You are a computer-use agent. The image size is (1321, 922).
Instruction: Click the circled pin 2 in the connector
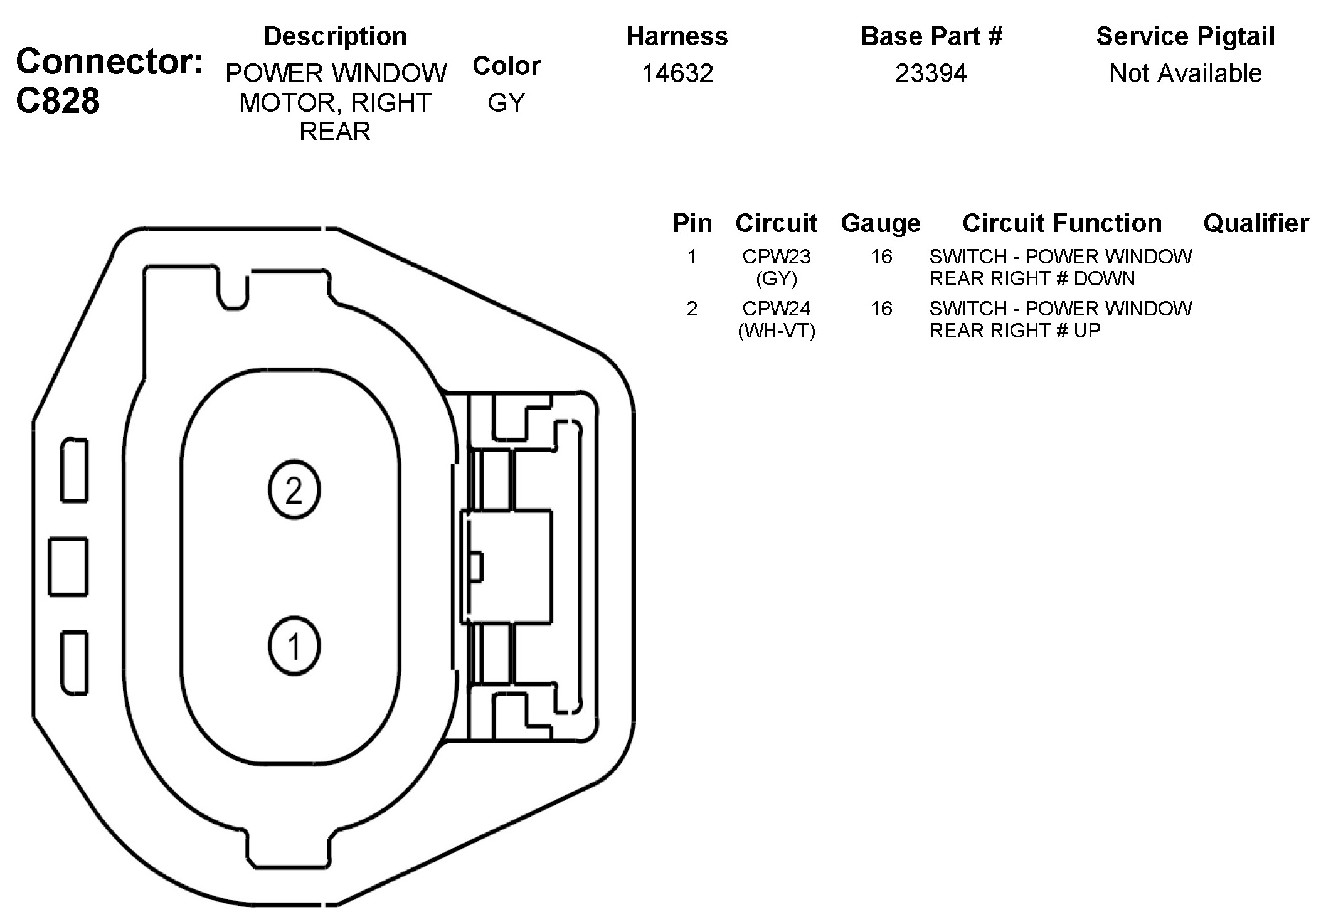(x=294, y=490)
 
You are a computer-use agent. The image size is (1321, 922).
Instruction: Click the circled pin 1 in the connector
(x=294, y=645)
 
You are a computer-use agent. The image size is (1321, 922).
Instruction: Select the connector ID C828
(x=58, y=100)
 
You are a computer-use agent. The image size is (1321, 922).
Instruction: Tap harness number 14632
(x=677, y=73)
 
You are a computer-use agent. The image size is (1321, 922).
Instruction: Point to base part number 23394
(x=931, y=73)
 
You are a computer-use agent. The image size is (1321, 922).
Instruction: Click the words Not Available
(x=1185, y=73)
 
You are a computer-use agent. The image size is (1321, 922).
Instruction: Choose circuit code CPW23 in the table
(x=777, y=257)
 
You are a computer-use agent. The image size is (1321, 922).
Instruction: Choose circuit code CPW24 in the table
(x=777, y=309)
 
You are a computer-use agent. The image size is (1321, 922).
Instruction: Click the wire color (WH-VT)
(x=777, y=331)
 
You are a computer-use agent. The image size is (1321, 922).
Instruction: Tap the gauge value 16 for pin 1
(x=881, y=257)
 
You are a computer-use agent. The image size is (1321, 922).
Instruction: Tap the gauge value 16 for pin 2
(x=881, y=309)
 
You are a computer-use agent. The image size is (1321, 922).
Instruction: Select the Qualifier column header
(x=1256, y=223)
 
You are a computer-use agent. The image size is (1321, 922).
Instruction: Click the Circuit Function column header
(x=1062, y=223)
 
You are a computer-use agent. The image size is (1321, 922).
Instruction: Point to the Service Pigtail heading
(x=1185, y=36)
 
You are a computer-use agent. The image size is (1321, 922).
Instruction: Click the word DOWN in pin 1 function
(x=1105, y=278)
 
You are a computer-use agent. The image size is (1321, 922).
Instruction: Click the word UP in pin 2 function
(x=1087, y=331)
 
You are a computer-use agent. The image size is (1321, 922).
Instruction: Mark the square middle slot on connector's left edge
(x=68, y=566)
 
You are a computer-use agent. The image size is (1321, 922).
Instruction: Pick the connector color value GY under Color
(x=506, y=102)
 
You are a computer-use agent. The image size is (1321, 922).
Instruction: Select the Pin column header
(x=692, y=223)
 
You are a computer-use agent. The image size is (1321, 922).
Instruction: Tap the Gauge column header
(x=881, y=223)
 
